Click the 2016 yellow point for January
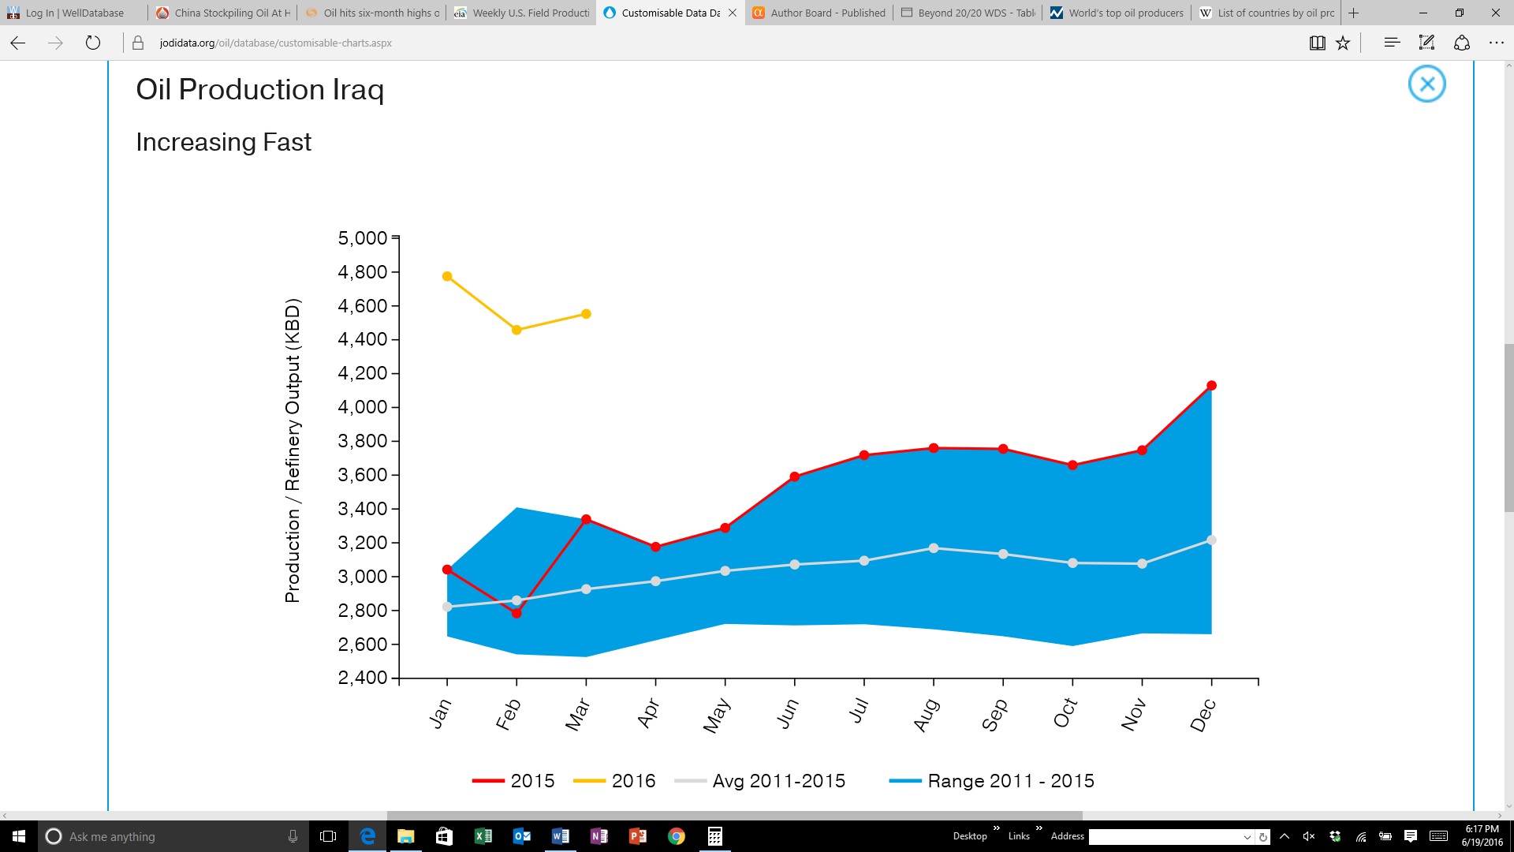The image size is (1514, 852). pos(447,277)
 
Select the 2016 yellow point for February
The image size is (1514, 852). pos(516,331)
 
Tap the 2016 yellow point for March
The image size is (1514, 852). pos(586,314)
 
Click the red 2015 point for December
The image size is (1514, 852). pos(1211,386)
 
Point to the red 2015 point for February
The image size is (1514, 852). pos(516,613)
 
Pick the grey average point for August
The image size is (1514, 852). pos(934,548)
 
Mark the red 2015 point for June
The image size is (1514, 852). pos(794,476)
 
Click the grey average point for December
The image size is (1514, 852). pos(1211,540)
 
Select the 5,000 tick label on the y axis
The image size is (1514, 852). pos(363,238)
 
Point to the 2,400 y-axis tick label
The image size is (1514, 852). pos(363,678)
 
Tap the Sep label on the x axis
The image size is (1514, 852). pos(994,715)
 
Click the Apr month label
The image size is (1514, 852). pos(648,713)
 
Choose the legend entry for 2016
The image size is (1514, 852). pos(614,781)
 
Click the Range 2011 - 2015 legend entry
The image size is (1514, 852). pos(991,781)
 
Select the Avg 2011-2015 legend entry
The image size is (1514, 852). pos(760,781)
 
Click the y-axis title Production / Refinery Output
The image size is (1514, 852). pos(293,450)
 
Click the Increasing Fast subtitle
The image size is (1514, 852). pos(223,142)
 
